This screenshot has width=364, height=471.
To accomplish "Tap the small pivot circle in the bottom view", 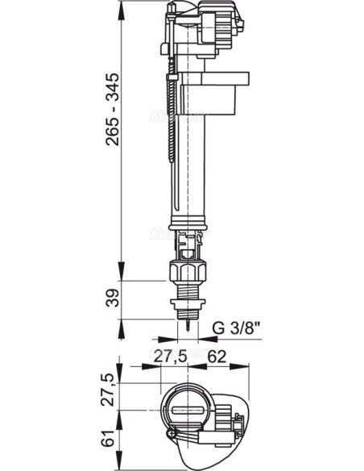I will [172, 436].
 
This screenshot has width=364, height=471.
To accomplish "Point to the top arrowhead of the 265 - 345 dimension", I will [123, 8].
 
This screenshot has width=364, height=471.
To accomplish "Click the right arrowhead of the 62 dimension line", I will [242, 363].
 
